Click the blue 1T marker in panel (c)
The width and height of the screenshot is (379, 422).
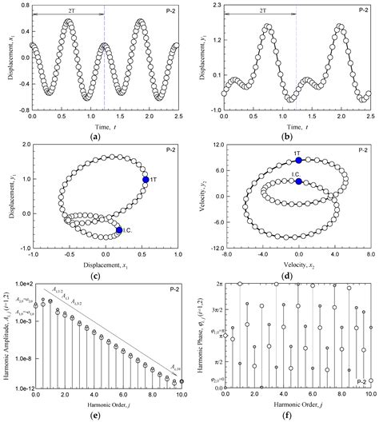click(146, 180)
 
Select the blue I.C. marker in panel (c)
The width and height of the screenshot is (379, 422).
click(119, 230)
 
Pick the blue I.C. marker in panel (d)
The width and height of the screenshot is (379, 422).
click(299, 181)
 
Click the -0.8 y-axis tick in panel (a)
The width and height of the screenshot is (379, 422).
click(20, 110)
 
